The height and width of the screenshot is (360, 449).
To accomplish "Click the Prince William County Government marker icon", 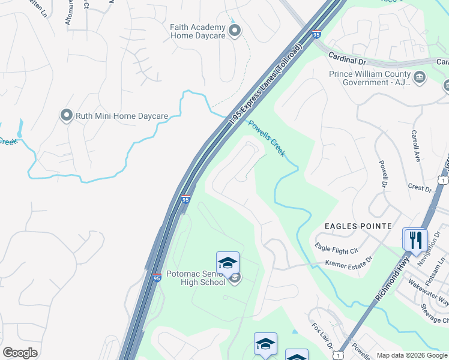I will point(420,77).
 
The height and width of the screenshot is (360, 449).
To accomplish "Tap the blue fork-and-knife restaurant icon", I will point(415,240).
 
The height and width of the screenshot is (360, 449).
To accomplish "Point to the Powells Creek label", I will point(266,138).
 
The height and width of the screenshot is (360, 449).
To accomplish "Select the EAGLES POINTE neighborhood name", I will point(358,226).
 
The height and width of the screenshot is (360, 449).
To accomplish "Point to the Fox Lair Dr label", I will point(322,336).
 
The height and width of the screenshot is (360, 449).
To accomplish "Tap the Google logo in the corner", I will point(20,353).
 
